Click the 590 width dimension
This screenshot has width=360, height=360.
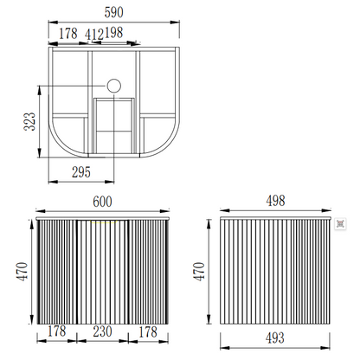(113, 12)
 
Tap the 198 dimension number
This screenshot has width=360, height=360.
(113, 33)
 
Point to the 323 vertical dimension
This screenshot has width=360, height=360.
(29, 121)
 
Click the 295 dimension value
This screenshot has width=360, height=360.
(81, 172)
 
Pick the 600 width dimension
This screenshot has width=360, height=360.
(102, 202)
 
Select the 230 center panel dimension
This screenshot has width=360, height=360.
(102, 331)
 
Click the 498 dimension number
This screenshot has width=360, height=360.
(275, 201)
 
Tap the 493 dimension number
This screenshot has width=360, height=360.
(275, 337)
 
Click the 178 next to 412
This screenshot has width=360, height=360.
(68, 34)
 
